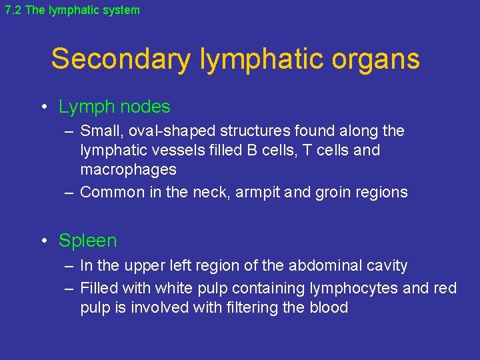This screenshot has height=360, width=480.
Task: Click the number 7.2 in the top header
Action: click(x=13, y=10)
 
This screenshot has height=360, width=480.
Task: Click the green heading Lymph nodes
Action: click(x=114, y=107)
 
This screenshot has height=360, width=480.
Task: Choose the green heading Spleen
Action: click(x=87, y=241)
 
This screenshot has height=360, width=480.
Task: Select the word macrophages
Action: click(x=129, y=170)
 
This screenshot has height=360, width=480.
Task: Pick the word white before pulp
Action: click(x=173, y=288)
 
